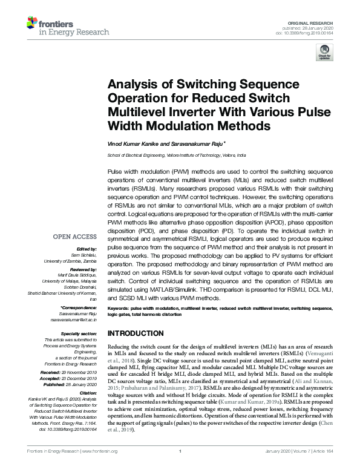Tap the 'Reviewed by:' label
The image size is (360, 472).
(x=84, y=269)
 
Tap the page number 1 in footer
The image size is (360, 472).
(x=180, y=468)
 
